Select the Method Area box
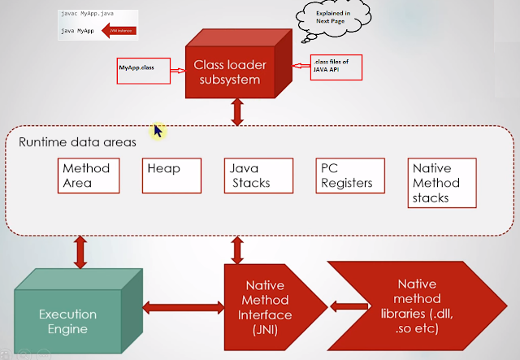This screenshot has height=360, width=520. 85,176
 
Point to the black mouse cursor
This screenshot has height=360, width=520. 159,129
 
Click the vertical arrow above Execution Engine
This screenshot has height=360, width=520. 80,251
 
